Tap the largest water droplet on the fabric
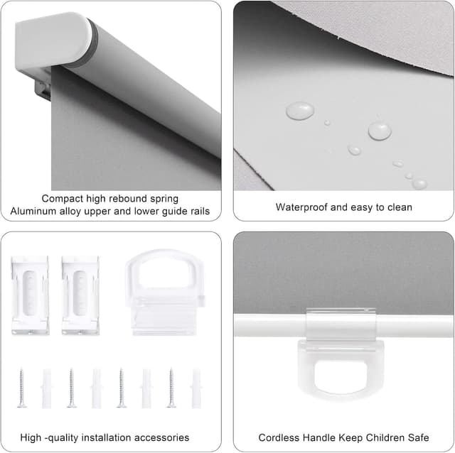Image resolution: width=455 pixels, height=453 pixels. pyautogui.click(x=300, y=111)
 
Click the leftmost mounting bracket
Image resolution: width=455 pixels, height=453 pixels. pyautogui.click(x=30, y=295)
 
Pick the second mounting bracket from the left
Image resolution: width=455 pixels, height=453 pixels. pyautogui.click(x=80, y=295)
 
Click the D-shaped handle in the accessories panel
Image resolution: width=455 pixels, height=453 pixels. pyautogui.click(x=164, y=290)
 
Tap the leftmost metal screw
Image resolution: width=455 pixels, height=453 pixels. pyautogui.click(x=22, y=388)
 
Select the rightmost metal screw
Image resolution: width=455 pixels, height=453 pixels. pyautogui.click(x=171, y=388)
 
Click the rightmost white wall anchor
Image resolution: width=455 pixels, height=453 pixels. pyautogui.click(x=196, y=388)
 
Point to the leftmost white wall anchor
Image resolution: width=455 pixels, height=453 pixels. pyautogui.click(x=47, y=388)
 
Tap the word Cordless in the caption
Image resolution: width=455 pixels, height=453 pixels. pyautogui.click(x=278, y=437)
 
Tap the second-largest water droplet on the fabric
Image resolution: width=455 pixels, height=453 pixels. pyautogui.click(x=380, y=131)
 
